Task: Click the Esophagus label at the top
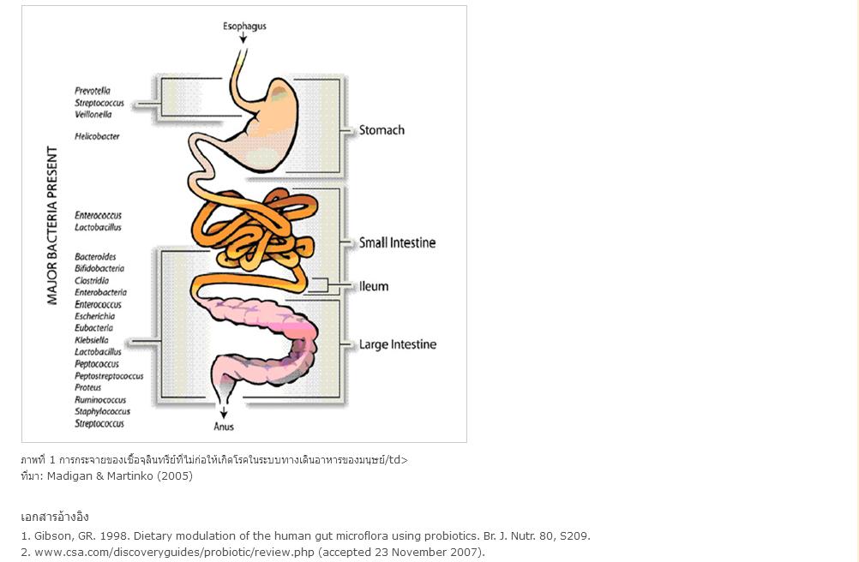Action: pyautogui.click(x=244, y=27)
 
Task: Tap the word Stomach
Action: pyautogui.click(x=381, y=130)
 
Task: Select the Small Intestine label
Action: pyautogui.click(x=397, y=242)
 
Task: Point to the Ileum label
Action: pyautogui.click(x=374, y=286)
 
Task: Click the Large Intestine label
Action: pyautogui.click(x=398, y=344)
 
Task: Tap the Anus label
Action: pyautogui.click(x=224, y=427)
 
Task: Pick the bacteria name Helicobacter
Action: pyautogui.click(x=97, y=136)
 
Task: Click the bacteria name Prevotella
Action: pyautogui.click(x=93, y=91)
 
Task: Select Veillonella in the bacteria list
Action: pyautogui.click(x=93, y=114)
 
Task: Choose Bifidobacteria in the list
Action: pyautogui.click(x=99, y=268)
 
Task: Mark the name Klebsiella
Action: pyautogui.click(x=92, y=340)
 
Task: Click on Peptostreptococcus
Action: pyautogui.click(x=109, y=376)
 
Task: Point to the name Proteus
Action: pyautogui.click(x=87, y=387)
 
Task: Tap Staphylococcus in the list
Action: pyautogui.click(x=102, y=411)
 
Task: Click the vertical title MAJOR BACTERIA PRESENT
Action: pyautogui.click(x=52, y=225)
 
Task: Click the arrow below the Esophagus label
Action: pyautogui.click(x=243, y=38)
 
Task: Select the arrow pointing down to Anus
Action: pyautogui.click(x=224, y=412)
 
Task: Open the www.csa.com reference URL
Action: pyautogui.click(x=175, y=553)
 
